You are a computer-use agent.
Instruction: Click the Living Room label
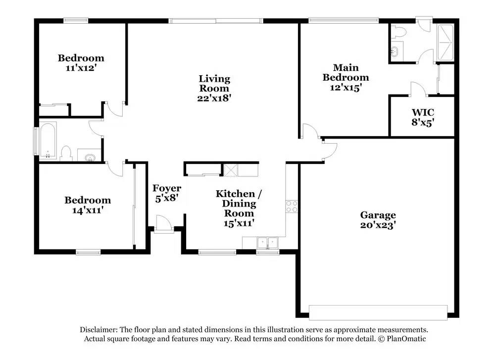[x=214, y=83]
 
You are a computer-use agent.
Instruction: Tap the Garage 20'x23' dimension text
[x=378, y=225]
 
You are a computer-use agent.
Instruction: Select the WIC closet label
[x=423, y=112]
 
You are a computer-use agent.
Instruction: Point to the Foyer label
[x=167, y=188]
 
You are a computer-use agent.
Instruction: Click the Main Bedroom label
[x=346, y=72]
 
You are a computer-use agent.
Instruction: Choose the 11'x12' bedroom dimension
[x=81, y=68]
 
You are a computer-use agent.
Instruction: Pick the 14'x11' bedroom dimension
[x=88, y=210]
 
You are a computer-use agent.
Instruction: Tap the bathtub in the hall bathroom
[x=48, y=140]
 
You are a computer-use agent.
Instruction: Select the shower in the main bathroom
[x=445, y=43]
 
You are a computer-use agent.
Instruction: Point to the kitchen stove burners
[x=292, y=206]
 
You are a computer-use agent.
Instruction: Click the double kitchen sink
[x=267, y=243]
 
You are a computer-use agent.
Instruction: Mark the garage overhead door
[x=378, y=312]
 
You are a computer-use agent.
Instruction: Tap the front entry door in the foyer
[x=164, y=223]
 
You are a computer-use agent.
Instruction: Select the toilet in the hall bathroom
[x=66, y=154]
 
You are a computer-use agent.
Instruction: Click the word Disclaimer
[x=99, y=330]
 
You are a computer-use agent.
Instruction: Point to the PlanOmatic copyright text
[x=402, y=339]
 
